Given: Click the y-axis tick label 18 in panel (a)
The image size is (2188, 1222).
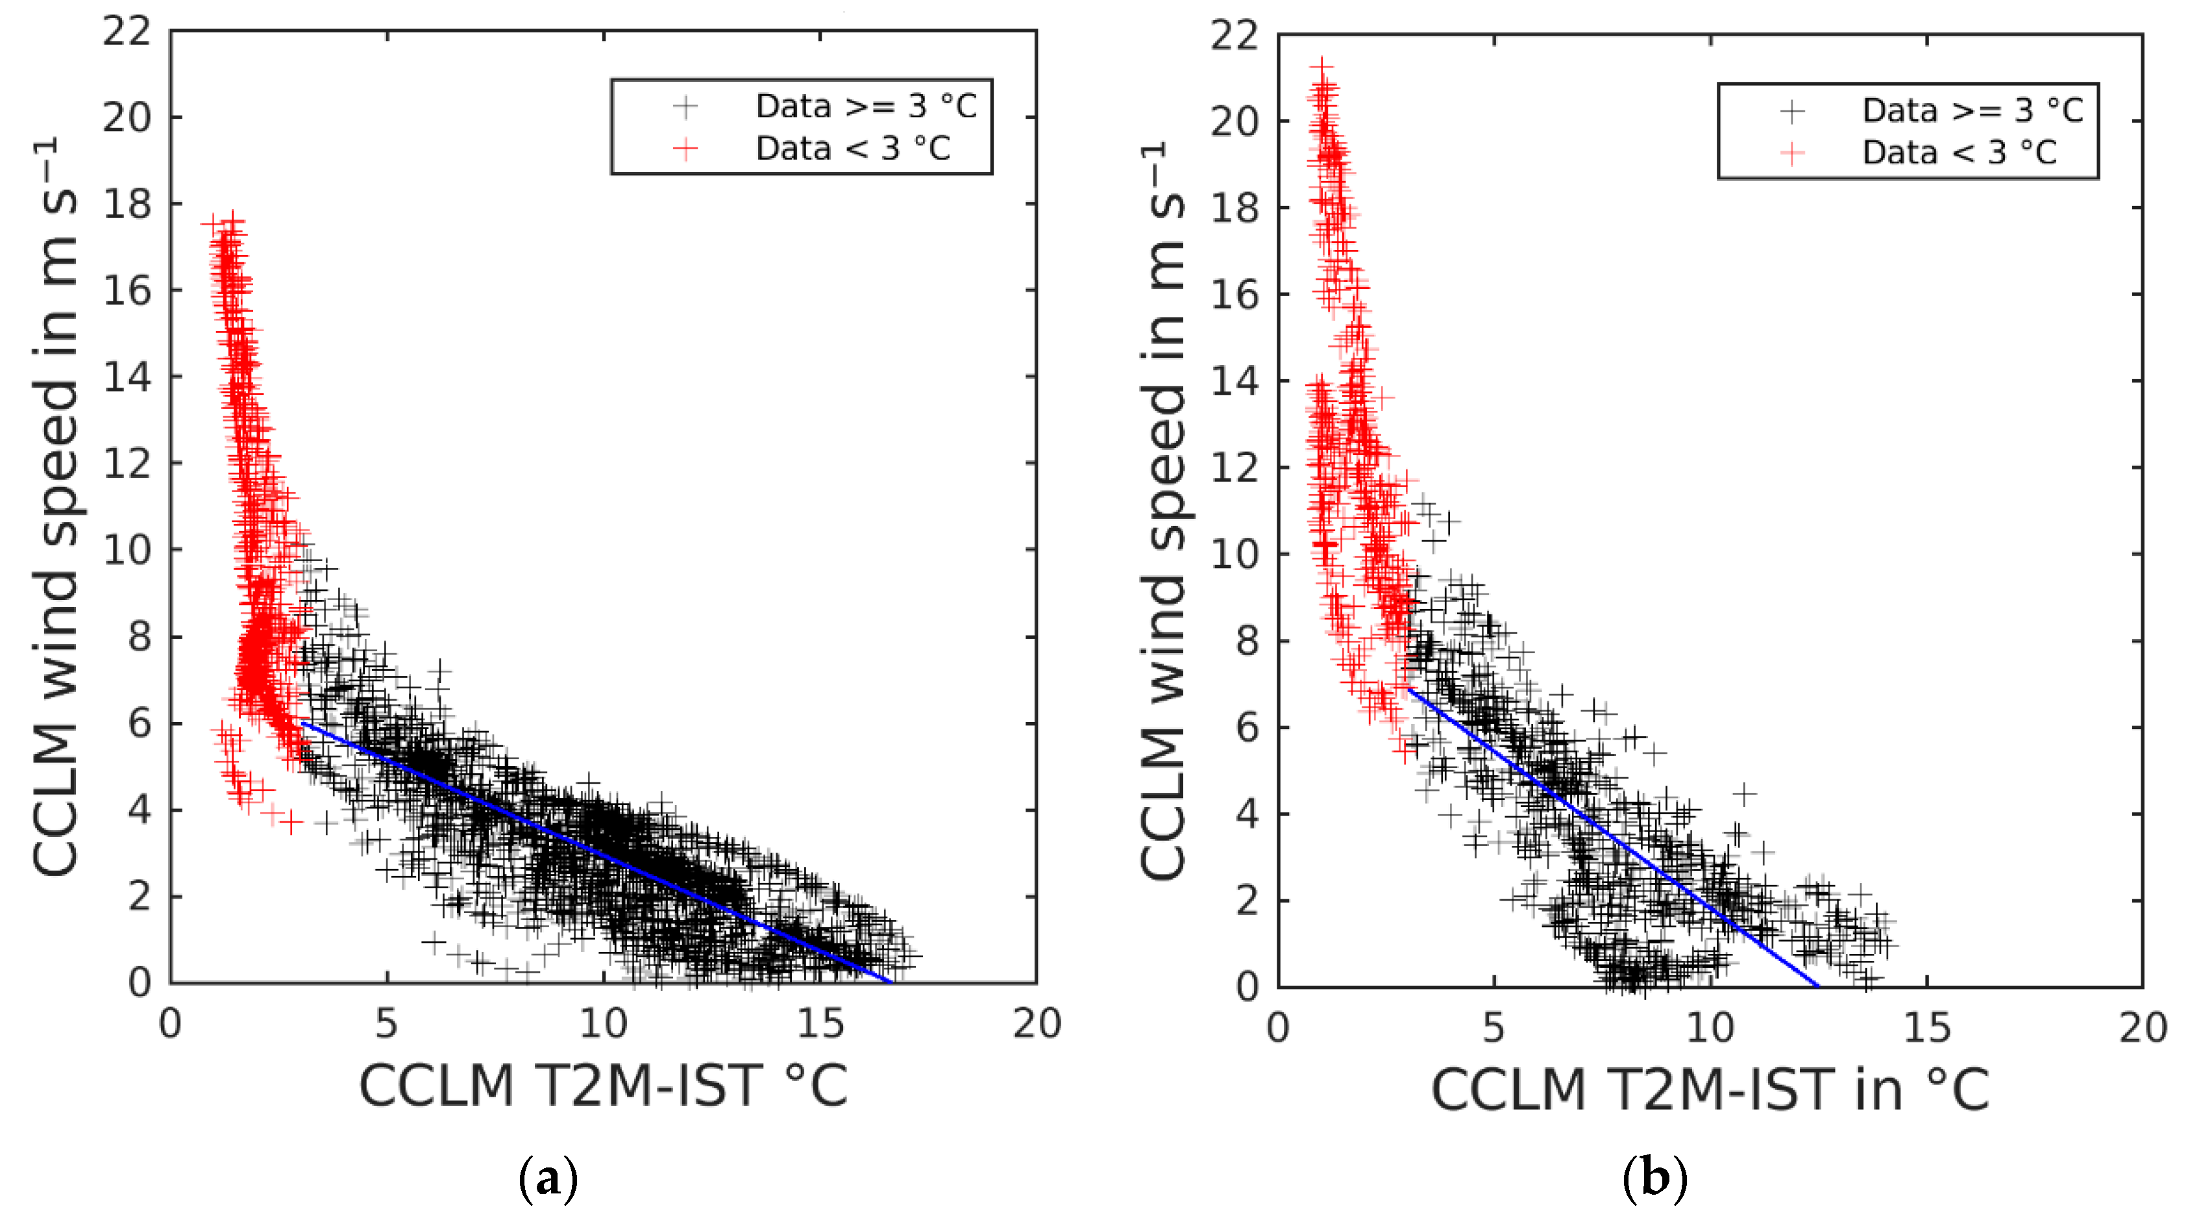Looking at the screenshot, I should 127,204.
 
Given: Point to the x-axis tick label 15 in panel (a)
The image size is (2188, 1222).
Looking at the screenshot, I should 820,1023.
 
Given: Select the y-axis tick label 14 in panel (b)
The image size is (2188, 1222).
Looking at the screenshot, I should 1234,380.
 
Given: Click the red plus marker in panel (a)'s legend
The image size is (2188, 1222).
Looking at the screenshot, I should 685,149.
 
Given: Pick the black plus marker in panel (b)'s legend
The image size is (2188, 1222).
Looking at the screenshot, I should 1792,110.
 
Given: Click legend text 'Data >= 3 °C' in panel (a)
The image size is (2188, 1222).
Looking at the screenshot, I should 867,106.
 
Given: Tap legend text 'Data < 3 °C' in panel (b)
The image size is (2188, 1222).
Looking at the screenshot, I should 1960,153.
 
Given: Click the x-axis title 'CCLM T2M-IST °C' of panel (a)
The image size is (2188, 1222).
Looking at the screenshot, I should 603,1086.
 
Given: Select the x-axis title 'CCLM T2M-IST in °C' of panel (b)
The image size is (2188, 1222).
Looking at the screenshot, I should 1710,1090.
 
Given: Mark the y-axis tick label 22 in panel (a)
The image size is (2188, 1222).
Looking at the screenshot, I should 127,31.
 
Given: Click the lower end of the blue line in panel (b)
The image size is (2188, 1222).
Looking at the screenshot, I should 1817,986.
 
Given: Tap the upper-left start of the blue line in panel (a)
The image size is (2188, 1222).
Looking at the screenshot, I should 303,723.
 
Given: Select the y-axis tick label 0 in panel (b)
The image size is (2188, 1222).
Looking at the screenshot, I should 1247,986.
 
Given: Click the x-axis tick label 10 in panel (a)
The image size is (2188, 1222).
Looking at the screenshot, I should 603,1023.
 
